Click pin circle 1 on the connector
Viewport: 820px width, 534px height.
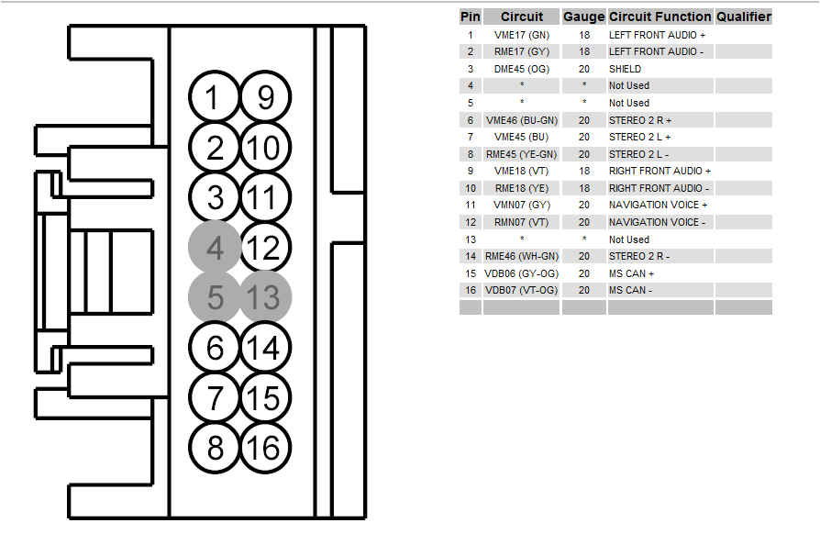click(x=214, y=97)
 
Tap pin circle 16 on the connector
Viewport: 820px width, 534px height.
click(x=264, y=448)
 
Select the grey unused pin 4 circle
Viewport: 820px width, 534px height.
click(x=215, y=248)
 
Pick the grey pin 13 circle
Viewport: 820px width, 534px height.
click(x=265, y=297)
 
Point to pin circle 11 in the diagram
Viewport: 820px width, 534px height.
click(x=265, y=197)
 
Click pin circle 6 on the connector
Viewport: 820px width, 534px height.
click(x=215, y=348)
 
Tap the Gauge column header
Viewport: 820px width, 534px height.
click(x=583, y=17)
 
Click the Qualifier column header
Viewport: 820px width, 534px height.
click(x=743, y=17)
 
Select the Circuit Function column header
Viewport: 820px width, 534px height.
click(x=660, y=17)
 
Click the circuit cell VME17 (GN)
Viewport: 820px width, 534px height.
click(x=521, y=34)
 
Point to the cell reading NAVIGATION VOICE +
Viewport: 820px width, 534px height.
click(x=659, y=205)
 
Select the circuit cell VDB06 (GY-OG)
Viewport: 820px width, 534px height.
click(x=521, y=273)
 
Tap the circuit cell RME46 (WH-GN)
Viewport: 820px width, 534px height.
click(x=521, y=256)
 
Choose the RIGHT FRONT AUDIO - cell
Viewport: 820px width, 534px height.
click(x=659, y=188)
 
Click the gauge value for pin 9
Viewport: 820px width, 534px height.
click(x=583, y=171)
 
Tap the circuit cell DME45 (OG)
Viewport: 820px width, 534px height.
click(x=521, y=69)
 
